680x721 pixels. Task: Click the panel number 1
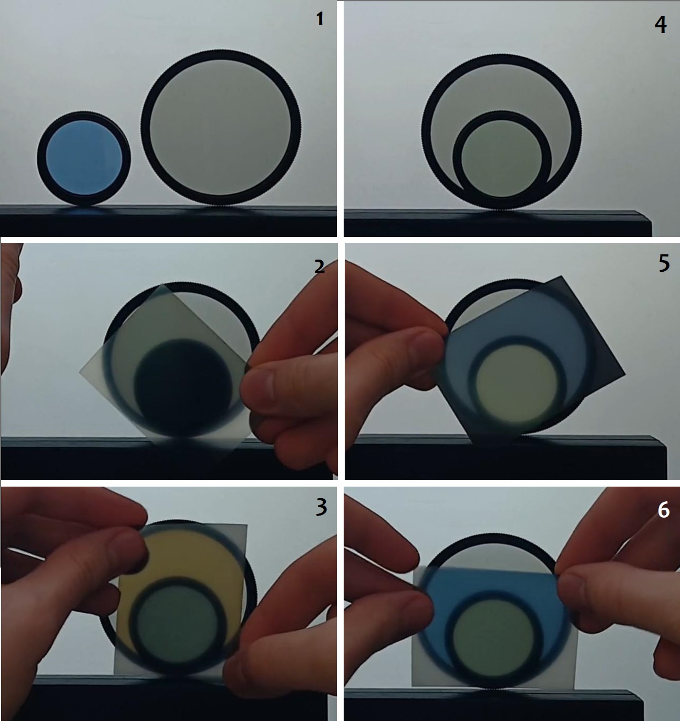pos(320,19)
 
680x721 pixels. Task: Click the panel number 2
pos(319,267)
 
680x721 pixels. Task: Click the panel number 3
pos(321,508)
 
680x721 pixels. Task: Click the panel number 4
pos(661,25)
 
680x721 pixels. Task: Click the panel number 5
pos(664,264)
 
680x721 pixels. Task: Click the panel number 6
pos(663,510)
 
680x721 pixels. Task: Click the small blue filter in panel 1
pos(84,158)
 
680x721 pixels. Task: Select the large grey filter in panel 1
pos(221,127)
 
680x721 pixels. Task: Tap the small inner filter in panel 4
pos(502,160)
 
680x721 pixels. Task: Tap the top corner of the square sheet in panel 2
pos(162,284)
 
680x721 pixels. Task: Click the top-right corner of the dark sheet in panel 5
pos(562,276)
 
